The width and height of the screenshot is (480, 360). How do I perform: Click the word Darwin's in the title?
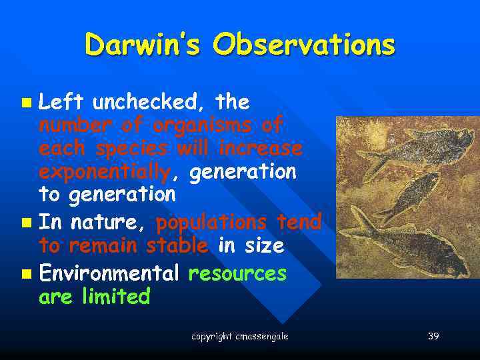coord(142,45)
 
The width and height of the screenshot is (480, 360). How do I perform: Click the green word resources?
coord(238,273)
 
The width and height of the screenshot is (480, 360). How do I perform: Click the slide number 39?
coord(433,337)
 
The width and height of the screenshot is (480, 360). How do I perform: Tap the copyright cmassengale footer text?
coord(240,337)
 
